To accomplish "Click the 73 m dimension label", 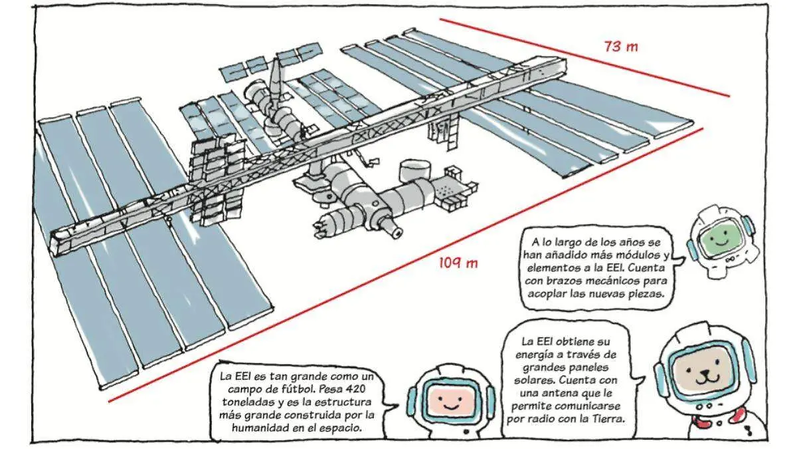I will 620,47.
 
